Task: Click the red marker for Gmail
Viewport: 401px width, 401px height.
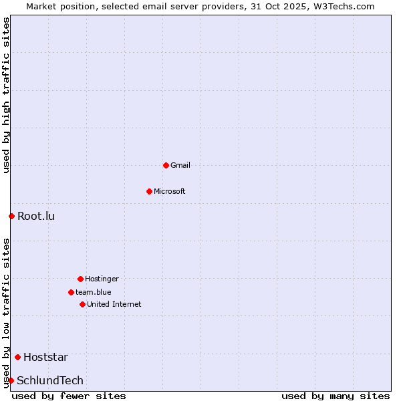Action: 166,165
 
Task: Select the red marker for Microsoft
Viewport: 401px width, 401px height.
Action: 149,191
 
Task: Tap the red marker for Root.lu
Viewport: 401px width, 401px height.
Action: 11,216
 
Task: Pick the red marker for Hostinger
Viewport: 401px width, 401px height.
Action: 80,279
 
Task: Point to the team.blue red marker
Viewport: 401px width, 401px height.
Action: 71,292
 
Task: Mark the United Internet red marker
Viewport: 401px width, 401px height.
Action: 82,304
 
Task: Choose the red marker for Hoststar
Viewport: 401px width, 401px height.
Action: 17,357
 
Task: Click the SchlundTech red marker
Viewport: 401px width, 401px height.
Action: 11,380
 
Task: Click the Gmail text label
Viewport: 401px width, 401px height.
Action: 180,165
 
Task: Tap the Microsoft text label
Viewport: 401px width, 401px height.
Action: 170,191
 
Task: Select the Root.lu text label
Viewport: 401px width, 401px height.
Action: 36,216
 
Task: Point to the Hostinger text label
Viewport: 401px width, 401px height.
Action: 102,279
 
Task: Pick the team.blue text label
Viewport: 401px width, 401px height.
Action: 94,292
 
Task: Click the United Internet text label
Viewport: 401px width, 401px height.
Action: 114,304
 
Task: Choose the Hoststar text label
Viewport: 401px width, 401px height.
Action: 45,357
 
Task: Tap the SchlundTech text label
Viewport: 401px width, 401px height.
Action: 50,380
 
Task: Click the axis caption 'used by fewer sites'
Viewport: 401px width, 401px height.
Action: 69,396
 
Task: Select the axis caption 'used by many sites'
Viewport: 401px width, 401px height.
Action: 336,396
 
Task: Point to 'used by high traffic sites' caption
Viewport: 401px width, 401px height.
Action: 6,96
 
